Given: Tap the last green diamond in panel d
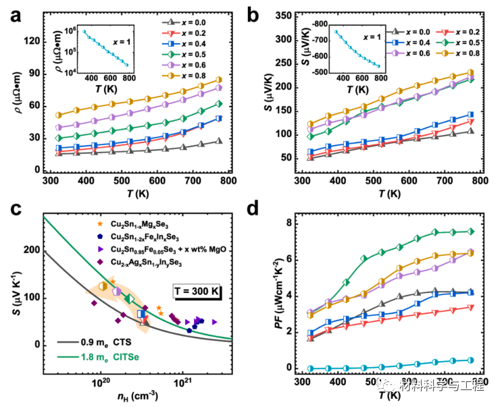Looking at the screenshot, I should tap(470, 232).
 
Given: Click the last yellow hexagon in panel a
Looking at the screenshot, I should tap(219, 80).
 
